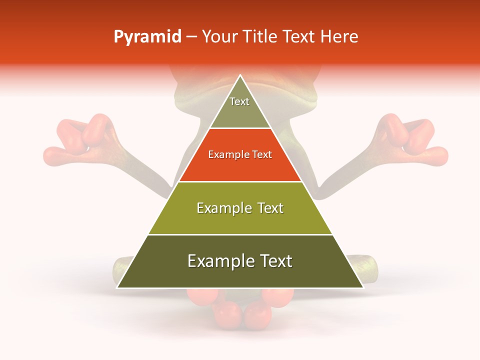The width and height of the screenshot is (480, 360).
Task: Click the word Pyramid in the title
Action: click(x=147, y=37)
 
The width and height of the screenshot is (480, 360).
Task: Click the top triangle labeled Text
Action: click(x=240, y=107)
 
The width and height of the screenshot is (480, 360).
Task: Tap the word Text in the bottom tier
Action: click(x=270, y=261)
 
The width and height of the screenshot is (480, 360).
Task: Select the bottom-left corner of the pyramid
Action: click(x=117, y=287)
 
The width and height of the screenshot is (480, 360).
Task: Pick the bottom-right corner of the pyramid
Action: click(x=363, y=287)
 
